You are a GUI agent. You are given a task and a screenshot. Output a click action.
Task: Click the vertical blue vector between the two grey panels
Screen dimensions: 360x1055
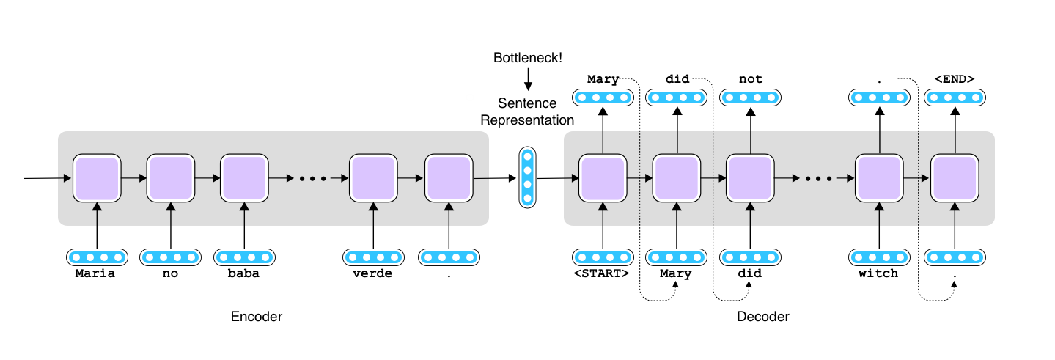pos(528,177)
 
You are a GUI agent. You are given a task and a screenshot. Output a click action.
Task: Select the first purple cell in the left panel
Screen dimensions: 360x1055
pos(97,178)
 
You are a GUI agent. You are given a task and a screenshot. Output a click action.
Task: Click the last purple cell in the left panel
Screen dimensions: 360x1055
pos(449,178)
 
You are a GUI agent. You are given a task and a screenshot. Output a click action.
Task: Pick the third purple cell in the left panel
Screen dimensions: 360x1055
pos(244,178)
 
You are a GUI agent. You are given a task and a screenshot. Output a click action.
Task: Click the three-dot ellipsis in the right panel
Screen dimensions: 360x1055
pos(818,178)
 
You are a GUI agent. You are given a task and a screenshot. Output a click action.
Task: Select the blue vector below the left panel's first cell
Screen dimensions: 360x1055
pos(97,257)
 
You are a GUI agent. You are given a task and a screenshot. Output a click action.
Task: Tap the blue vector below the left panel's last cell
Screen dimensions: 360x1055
pos(449,257)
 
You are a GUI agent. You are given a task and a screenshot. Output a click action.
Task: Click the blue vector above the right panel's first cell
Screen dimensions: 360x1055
pos(603,98)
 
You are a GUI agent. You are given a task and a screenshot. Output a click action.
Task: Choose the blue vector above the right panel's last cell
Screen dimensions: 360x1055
pos(955,98)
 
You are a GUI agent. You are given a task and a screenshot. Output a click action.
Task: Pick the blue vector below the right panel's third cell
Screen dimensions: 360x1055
pos(750,257)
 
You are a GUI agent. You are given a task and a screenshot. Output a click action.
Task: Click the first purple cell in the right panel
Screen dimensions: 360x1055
pos(603,178)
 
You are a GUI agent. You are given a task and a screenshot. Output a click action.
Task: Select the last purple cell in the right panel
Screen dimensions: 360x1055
pos(955,178)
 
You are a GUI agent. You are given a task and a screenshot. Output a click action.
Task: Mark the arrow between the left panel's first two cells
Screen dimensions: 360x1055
pos(133,178)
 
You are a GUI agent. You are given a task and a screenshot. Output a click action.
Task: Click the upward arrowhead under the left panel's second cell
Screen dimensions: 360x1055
pos(171,208)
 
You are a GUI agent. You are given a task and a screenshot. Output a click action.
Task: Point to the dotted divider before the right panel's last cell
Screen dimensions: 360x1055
pos(919,178)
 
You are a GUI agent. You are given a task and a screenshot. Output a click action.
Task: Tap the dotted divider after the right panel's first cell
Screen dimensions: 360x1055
pos(640,178)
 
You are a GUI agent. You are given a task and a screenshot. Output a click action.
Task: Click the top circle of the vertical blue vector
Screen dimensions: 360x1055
pos(528,156)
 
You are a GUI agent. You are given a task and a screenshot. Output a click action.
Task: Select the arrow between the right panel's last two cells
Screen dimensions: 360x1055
pos(917,178)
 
